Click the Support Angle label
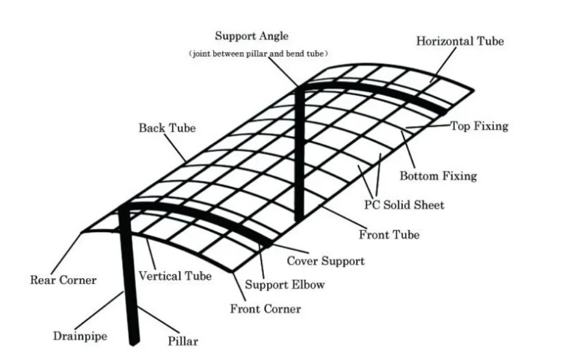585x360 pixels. pos(251,36)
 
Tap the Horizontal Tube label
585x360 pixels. pos(459,41)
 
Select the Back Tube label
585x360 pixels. pos(167,128)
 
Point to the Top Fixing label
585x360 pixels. pos(479,126)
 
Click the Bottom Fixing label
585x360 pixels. pos(438,176)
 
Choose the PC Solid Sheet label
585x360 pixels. pos(404,205)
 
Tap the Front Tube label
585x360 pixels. pos(389,234)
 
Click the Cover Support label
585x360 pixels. pos(325,261)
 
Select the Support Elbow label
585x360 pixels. pos(284,284)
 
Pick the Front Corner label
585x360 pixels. pos(265,309)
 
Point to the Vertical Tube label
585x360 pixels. pos(175,276)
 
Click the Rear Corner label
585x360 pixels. pos(63,280)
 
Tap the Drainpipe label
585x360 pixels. pos(80,336)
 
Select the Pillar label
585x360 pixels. pos(183,341)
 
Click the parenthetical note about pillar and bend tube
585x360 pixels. pos(259,53)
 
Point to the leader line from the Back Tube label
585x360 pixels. pos(177,147)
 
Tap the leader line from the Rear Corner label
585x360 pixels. pos(70,253)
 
